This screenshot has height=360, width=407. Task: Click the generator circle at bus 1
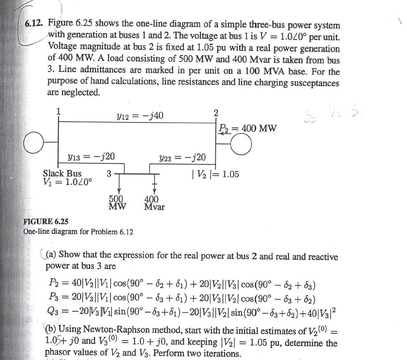(35, 144)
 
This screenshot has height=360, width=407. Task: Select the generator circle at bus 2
(238, 144)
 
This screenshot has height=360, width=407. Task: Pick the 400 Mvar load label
(154, 203)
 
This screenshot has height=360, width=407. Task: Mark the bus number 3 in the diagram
(109, 174)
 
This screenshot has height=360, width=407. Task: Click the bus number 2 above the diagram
(215, 112)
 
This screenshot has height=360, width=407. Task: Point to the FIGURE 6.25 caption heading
(46, 221)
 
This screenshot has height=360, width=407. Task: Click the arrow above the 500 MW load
(118, 186)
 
